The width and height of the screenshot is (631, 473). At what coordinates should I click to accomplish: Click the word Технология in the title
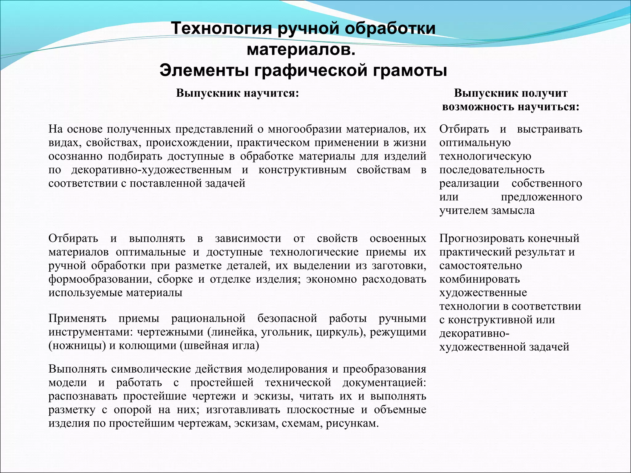221,28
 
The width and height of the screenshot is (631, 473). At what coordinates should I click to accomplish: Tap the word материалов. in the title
301,50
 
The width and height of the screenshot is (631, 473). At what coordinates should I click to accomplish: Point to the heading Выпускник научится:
238,93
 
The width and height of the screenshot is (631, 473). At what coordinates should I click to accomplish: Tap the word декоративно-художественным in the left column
151,170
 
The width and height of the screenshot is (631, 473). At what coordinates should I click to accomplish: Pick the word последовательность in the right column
492,170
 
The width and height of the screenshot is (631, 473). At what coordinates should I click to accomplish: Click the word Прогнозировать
482,238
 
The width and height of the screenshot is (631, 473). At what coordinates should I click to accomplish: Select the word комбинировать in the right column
479,279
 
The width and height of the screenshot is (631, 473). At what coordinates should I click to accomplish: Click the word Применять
77,318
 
